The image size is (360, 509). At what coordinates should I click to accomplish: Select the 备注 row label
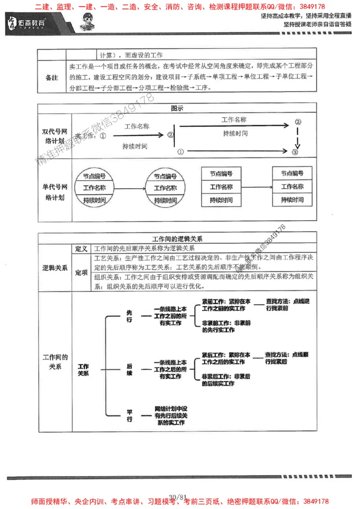tap(52, 77)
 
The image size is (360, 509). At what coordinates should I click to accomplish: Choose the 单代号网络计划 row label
tap(54, 190)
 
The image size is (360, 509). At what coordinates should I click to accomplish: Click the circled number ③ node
tap(295, 152)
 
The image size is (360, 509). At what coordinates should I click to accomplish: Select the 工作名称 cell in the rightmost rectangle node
tap(292, 187)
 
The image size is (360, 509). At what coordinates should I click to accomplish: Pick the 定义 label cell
tap(81, 249)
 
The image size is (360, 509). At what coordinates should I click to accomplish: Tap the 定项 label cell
tap(81, 272)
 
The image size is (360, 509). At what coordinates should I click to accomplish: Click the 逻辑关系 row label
tap(54, 268)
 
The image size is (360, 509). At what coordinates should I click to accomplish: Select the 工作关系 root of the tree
tap(83, 370)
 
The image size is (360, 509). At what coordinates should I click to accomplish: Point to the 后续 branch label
tap(130, 370)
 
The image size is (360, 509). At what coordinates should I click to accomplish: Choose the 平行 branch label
tap(130, 415)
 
